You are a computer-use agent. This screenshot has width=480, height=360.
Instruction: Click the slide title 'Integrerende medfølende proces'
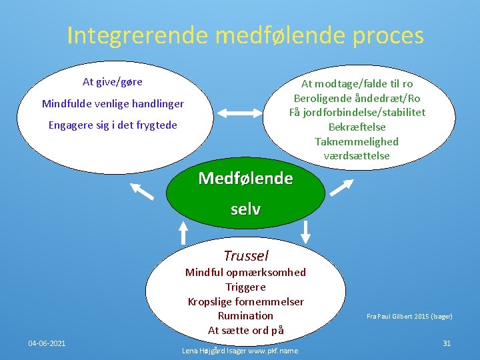pyautogui.click(x=245, y=35)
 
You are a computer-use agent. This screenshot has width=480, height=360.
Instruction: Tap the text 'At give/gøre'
pyautogui.click(x=112, y=82)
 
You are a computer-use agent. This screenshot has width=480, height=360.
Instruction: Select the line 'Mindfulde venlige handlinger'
pyautogui.click(x=113, y=103)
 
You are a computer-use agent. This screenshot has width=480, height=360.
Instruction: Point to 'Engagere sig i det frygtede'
pyautogui.click(x=113, y=125)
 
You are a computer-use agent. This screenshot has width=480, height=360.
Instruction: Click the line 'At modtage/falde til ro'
pyautogui.click(x=357, y=83)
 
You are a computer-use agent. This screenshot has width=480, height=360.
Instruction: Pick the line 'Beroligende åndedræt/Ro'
pyautogui.click(x=357, y=98)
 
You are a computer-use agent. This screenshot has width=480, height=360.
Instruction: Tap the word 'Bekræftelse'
pyautogui.click(x=357, y=127)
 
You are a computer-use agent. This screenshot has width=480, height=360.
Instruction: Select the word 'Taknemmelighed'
pyautogui.click(x=357, y=141)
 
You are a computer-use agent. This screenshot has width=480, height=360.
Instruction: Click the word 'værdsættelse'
pyautogui.click(x=357, y=156)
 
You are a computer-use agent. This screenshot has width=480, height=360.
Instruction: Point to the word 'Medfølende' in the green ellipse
pyautogui.click(x=245, y=179)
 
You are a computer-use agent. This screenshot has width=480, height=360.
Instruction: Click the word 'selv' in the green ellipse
pyautogui.click(x=245, y=209)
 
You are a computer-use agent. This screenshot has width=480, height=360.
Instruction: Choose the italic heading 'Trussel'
pyautogui.click(x=245, y=256)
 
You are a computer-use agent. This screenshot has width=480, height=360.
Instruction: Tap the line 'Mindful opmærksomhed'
pyautogui.click(x=245, y=272)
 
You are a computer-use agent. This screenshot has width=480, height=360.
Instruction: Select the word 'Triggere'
pyautogui.click(x=245, y=287)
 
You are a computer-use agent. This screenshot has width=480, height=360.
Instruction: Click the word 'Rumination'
pyautogui.click(x=245, y=315)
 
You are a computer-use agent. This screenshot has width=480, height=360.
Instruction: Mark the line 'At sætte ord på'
pyautogui.click(x=245, y=330)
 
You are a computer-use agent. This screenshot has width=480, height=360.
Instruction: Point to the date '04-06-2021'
pyautogui.click(x=47, y=343)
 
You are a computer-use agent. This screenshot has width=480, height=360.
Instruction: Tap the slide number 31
pyautogui.click(x=447, y=343)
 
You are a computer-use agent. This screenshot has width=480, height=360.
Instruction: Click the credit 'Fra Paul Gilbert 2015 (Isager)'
pyautogui.click(x=409, y=316)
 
